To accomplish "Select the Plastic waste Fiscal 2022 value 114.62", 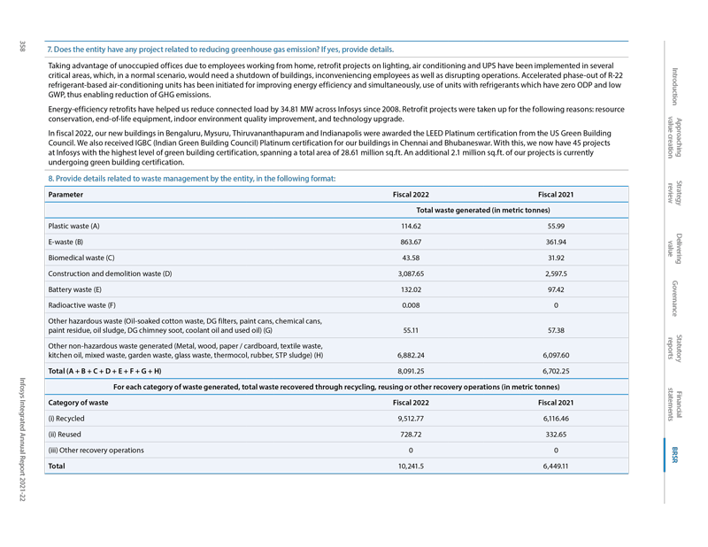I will point(411,226).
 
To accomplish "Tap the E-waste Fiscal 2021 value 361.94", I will point(556,242).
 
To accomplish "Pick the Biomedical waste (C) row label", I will point(81,258).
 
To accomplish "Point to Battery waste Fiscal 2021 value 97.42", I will point(556,289).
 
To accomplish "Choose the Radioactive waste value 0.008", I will point(411,305).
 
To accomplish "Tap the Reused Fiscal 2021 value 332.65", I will point(556,434).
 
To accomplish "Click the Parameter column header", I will point(66,194).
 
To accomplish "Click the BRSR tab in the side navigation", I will point(674,453).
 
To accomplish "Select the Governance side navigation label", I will point(674,298).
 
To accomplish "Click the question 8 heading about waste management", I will point(192,179).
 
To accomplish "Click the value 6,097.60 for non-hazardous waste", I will point(556,355).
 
